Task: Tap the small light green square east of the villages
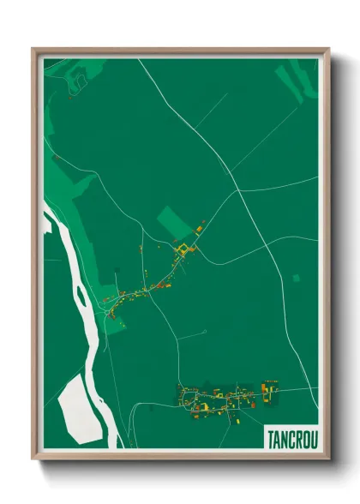296,278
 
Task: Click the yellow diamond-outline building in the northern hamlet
182,250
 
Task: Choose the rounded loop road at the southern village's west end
185,396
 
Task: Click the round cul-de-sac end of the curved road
205,331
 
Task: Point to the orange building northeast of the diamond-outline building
201,229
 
